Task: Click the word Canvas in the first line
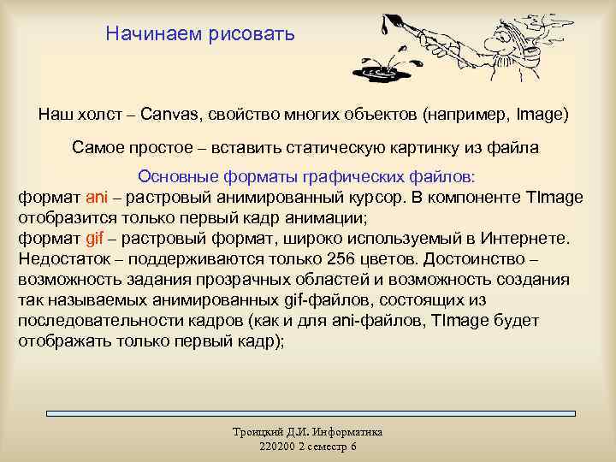170,114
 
